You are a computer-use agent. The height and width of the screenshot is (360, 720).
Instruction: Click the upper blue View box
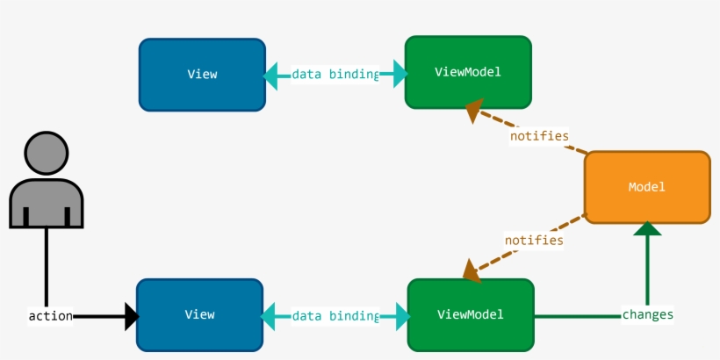[x=202, y=75]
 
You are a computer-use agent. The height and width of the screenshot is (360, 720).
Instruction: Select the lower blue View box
[x=199, y=315]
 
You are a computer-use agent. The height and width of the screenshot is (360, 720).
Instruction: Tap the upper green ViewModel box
[x=468, y=72]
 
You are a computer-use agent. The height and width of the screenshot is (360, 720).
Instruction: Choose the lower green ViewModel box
[x=471, y=314]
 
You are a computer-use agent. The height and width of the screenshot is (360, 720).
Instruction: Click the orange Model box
[x=647, y=187]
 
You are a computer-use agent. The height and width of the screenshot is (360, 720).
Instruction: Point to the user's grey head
[x=47, y=154]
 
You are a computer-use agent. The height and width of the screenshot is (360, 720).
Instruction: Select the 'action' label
[x=49, y=316]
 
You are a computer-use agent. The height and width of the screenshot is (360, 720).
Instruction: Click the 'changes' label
[x=647, y=314]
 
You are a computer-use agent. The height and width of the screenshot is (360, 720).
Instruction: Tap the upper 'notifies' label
[x=539, y=136]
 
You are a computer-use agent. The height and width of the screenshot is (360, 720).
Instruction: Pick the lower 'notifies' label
[x=533, y=239]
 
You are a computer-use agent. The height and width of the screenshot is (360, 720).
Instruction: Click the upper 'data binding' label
[x=335, y=75]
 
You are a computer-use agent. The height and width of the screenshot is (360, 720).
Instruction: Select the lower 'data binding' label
[x=335, y=316]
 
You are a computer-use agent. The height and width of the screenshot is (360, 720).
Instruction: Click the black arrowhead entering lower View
[x=131, y=316]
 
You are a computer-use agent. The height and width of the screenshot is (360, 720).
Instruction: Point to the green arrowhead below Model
[x=647, y=230]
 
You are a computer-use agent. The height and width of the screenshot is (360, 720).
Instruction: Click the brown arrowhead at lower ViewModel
[x=472, y=270]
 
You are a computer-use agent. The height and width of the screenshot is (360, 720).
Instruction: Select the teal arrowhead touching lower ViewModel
[x=401, y=316]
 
